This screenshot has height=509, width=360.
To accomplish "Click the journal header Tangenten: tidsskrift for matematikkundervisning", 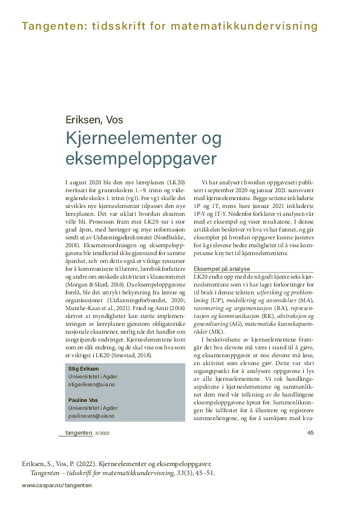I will click(169, 26).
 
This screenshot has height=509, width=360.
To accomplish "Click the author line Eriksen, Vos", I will click(94, 119).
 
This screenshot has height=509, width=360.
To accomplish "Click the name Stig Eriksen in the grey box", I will click(82, 368).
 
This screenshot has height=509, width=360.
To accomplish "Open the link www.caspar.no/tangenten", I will click(57, 485).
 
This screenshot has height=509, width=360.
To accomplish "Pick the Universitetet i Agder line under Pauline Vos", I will click(93, 407).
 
